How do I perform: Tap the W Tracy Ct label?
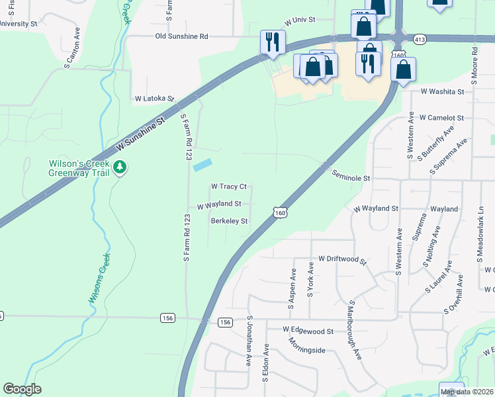coord(228,187)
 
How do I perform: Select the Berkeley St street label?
coord(229,221)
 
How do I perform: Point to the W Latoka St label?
coord(154,98)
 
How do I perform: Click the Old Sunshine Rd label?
coord(181,36)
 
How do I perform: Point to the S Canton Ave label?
coord(72,48)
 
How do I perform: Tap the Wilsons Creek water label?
coord(100,279)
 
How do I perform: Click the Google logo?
coord(22,389)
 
